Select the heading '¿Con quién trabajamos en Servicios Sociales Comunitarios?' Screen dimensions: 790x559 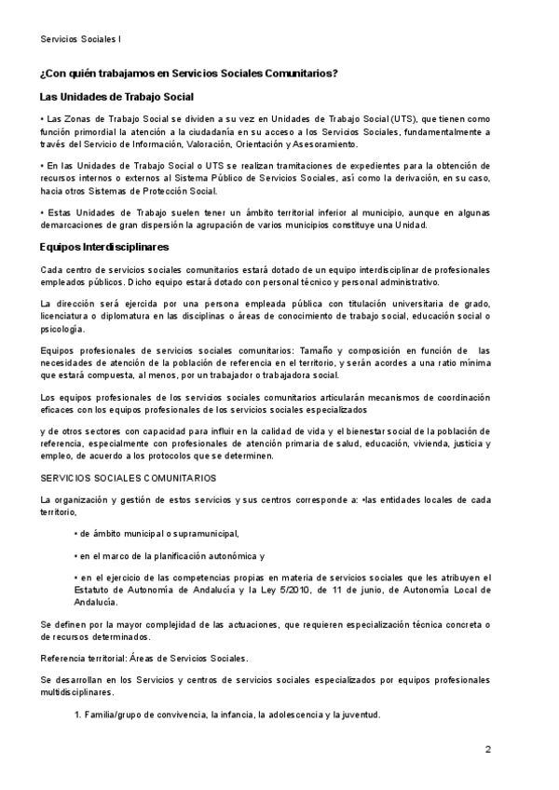click(189, 73)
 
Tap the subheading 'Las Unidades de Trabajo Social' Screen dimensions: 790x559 click(116, 97)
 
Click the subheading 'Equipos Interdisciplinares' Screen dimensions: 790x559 click(104, 247)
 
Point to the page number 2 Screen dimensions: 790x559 click(488, 748)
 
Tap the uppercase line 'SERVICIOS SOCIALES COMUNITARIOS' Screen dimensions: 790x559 click(129, 477)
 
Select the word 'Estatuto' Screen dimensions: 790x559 click(94, 590)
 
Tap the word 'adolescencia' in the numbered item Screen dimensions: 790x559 click(281, 715)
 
